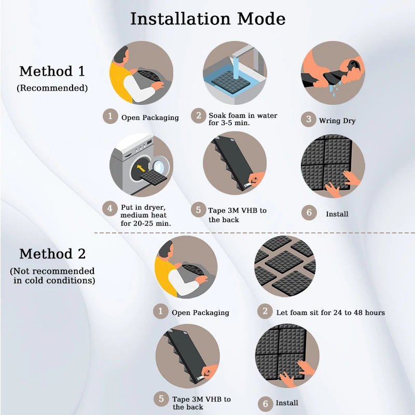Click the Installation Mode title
point(208,19)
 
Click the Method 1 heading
point(52,71)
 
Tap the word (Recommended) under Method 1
point(52,88)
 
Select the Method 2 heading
point(52,254)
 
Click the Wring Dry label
point(337,121)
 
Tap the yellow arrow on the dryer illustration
point(141,168)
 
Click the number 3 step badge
point(309,120)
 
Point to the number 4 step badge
point(110,209)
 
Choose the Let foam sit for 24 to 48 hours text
point(330,313)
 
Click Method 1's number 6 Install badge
point(309,213)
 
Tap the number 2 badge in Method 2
point(265,311)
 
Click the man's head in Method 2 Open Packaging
point(166,251)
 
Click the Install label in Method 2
point(287,403)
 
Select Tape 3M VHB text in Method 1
point(237,211)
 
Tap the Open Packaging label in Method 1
point(150,118)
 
